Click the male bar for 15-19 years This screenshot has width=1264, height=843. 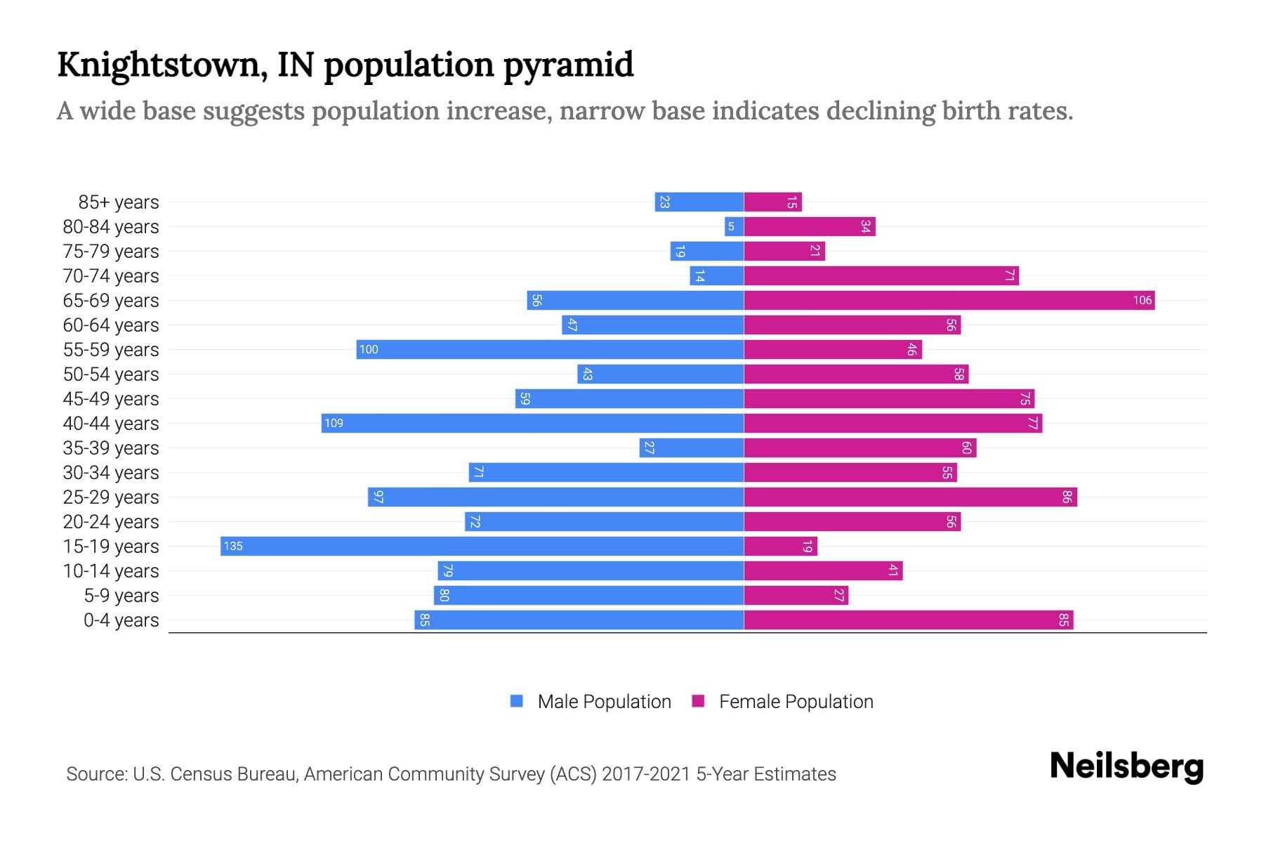pyautogui.click(x=482, y=547)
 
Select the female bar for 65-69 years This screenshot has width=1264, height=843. pyautogui.click(x=949, y=301)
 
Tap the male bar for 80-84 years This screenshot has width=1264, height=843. pyautogui.click(x=735, y=227)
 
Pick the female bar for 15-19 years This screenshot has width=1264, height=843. pyautogui.click(x=780, y=547)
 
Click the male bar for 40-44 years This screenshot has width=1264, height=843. pyautogui.click(x=532, y=424)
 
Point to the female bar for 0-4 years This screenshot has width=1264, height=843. pyautogui.click(x=908, y=620)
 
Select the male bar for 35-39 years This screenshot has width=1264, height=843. pyautogui.click(x=691, y=448)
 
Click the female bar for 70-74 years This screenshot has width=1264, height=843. pyautogui.click(x=881, y=276)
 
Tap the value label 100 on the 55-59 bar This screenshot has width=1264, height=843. pyautogui.click(x=369, y=350)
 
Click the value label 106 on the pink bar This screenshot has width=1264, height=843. pyautogui.click(x=1142, y=301)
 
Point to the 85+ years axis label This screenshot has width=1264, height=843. pyautogui.click(x=118, y=202)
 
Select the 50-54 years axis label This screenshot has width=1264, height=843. pyautogui.click(x=111, y=374)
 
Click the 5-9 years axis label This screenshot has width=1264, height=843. pyautogui.click(x=121, y=596)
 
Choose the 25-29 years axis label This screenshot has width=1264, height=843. pyautogui.click(x=111, y=497)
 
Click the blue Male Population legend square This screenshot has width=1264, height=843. pyautogui.click(x=517, y=701)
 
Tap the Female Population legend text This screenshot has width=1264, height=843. pyautogui.click(x=796, y=701)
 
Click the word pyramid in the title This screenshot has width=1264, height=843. pyautogui.click(x=568, y=65)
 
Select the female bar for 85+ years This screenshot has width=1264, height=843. pyautogui.click(x=772, y=202)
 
